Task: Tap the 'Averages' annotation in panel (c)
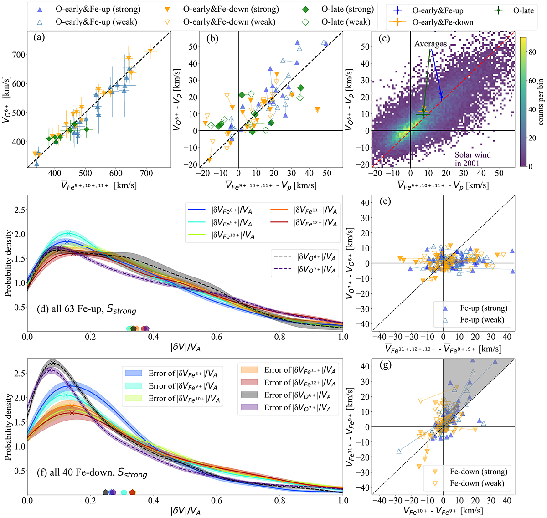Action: click(430, 44)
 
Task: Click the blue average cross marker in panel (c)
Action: click(441, 97)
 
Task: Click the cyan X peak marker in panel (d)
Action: click(68, 234)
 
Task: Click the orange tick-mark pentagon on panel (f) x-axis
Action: click(133, 492)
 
